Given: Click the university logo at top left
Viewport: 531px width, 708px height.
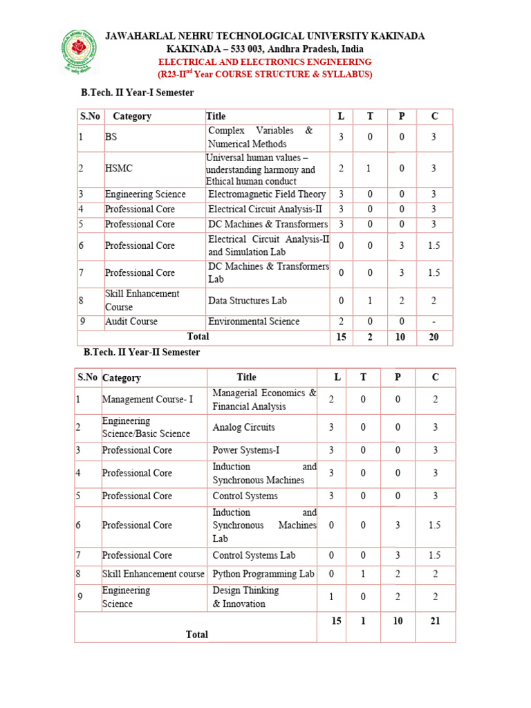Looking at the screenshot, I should [81, 52].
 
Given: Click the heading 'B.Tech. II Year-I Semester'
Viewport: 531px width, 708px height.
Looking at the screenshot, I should [138, 93].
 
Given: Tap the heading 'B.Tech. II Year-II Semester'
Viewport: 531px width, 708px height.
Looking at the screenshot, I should [142, 353].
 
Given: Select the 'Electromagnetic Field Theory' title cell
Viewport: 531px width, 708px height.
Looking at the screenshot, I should [267, 194].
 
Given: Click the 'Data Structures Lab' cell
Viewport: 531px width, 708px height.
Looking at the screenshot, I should [248, 301].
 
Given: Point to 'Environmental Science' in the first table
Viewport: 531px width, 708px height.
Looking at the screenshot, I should [254, 322].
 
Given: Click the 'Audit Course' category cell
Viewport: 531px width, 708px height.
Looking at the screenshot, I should [131, 322].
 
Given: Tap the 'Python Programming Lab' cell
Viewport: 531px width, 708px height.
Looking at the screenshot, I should [263, 574].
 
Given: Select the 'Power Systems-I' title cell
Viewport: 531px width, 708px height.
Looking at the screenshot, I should [246, 450].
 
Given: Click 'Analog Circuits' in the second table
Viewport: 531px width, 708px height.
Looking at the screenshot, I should [243, 427].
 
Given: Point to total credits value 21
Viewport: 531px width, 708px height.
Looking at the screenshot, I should [435, 621].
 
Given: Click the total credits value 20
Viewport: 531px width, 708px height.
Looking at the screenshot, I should [434, 337].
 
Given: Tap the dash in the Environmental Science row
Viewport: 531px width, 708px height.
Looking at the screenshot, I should [434, 322].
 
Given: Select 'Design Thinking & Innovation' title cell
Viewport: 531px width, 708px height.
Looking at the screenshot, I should [245, 597].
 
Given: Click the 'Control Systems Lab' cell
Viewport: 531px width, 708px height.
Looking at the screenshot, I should [254, 555].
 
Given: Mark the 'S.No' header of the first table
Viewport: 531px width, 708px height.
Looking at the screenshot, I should [90, 116].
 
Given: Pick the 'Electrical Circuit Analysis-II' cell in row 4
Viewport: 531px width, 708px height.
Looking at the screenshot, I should [265, 209].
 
